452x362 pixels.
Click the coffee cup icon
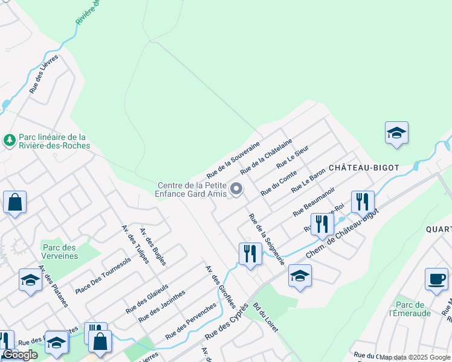pyautogui.click(x=436, y=279)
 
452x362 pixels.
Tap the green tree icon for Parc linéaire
pyautogui.click(x=9, y=141)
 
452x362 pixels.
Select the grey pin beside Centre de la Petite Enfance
pyautogui.click(x=237, y=189)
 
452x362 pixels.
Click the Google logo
pyautogui.click(x=21, y=355)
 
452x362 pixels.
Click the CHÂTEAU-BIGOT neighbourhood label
pyautogui.click(x=364, y=167)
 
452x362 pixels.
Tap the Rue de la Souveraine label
pyautogui.click(x=233, y=160)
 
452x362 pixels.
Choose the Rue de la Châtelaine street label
pyautogui.click(x=266, y=156)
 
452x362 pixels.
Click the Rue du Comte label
pyautogui.click(x=279, y=182)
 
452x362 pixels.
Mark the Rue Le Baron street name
pyautogui.click(x=308, y=180)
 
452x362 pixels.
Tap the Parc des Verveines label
pyautogui.click(x=60, y=252)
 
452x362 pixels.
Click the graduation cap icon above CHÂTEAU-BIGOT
pyautogui.click(x=396, y=133)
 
